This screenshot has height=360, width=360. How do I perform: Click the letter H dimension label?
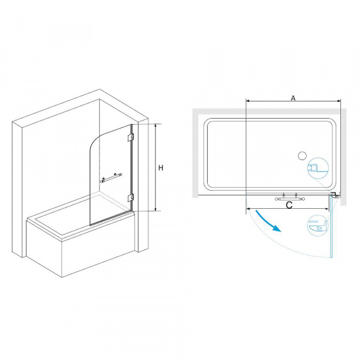point(161,169)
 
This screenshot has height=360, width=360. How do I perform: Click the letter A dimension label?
point(293,97)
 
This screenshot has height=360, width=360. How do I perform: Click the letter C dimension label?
point(289,206)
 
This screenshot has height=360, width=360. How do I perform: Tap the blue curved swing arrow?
point(268,221)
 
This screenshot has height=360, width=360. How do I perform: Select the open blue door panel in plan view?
point(331,228)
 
